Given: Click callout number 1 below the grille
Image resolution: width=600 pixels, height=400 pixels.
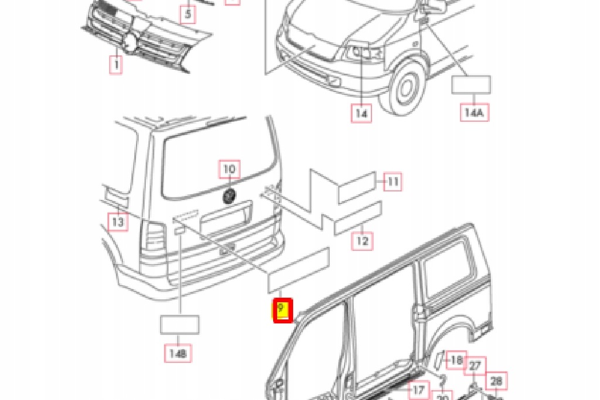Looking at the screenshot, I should click(115, 64).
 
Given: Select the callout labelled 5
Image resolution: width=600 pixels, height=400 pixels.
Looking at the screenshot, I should click(187, 13).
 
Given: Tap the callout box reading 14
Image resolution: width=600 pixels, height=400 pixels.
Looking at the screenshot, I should click(362, 112).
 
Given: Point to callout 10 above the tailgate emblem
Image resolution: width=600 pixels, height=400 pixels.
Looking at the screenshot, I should click(229, 169).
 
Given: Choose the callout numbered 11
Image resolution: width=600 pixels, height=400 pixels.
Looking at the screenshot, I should click(393, 182).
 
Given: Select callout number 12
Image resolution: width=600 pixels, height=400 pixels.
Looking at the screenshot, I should click(363, 240).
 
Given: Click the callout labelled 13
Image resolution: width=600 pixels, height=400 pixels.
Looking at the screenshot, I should click(118, 222).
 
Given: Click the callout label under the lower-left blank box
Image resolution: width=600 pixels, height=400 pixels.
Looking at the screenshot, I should click(179, 353).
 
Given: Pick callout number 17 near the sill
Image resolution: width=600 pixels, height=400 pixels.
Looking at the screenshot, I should click(418, 389).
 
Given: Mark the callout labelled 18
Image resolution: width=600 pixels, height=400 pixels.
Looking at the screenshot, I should click(456, 360).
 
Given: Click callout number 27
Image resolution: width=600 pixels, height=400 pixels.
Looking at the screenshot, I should click(475, 366).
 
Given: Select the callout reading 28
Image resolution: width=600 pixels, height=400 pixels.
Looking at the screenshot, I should click(496, 381).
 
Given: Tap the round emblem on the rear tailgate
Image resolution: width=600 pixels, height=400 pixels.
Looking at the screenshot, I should click(229, 196).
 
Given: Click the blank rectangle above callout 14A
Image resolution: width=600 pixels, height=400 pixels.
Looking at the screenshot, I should click(471, 85).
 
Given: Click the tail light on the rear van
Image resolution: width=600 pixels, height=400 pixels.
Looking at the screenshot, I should click(155, 237).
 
